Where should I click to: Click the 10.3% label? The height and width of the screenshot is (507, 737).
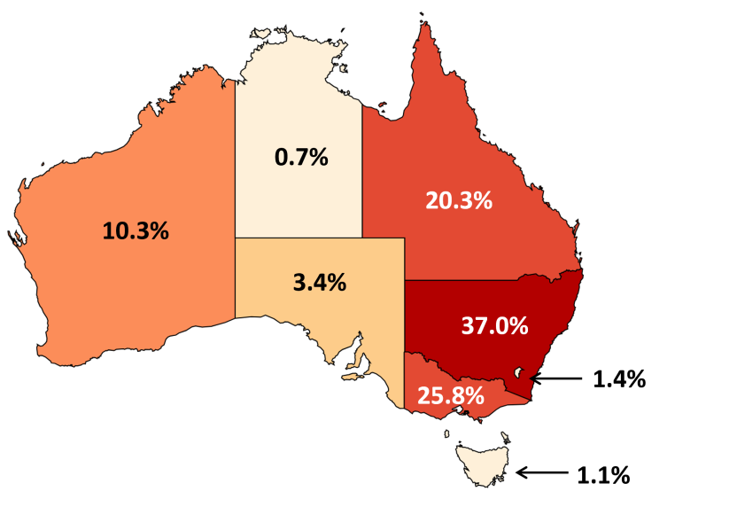pyautogui.click(x=136, y=231)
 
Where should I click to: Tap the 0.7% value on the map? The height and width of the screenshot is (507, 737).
pyautogui.click(x=301, y=158)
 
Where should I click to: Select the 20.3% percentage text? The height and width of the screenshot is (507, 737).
pyautogui.click(x=458, y=200)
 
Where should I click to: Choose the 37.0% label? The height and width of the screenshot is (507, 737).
pyautogui.click(x=494, y=325)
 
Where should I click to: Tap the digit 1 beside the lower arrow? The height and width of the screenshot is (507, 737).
pyautogui.click(x=582, y=475)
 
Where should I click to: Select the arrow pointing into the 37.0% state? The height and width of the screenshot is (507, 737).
pyautogui.click(x=556, y=379)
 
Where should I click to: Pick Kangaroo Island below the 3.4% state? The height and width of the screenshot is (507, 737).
pyautogui.click(x=353, y=378)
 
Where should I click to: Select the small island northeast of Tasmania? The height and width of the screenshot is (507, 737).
pyautogui.click(x=505, y=436)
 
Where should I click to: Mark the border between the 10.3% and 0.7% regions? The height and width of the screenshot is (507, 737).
pyautogui.click(x=235, y=160)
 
